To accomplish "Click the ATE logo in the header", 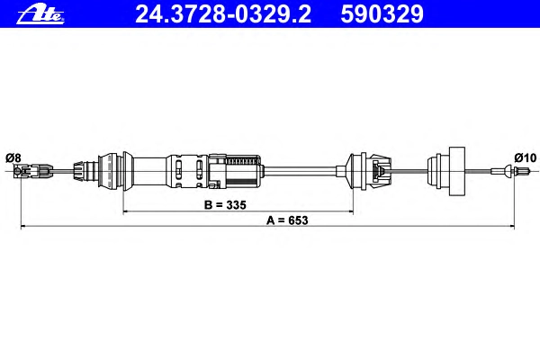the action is pos(40,14).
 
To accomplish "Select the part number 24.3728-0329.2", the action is pos(223,14).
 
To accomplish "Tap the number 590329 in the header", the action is pos(382,14).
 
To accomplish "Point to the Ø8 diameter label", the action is pos(13,158).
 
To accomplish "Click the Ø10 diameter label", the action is pos(526,157).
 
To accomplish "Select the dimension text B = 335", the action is pos(225,205).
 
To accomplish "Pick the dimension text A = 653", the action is pos(287,220).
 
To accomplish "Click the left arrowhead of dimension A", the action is pos(23,226).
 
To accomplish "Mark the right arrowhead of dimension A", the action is pos(512,226).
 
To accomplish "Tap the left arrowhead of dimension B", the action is pos(126,211).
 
